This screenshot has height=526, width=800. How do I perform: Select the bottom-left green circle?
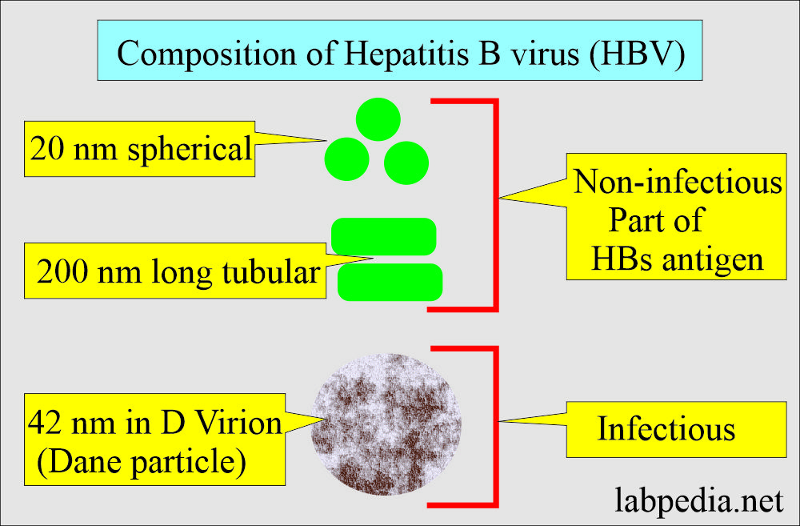point(347,158)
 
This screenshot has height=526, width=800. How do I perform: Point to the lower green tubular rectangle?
point(390,281)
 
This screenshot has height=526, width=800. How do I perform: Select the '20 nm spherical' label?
point(140,149)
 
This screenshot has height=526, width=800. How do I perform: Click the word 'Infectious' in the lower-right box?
point(666,429)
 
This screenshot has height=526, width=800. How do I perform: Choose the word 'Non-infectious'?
point(678,183)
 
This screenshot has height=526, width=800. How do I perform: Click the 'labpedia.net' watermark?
point(698,501)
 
